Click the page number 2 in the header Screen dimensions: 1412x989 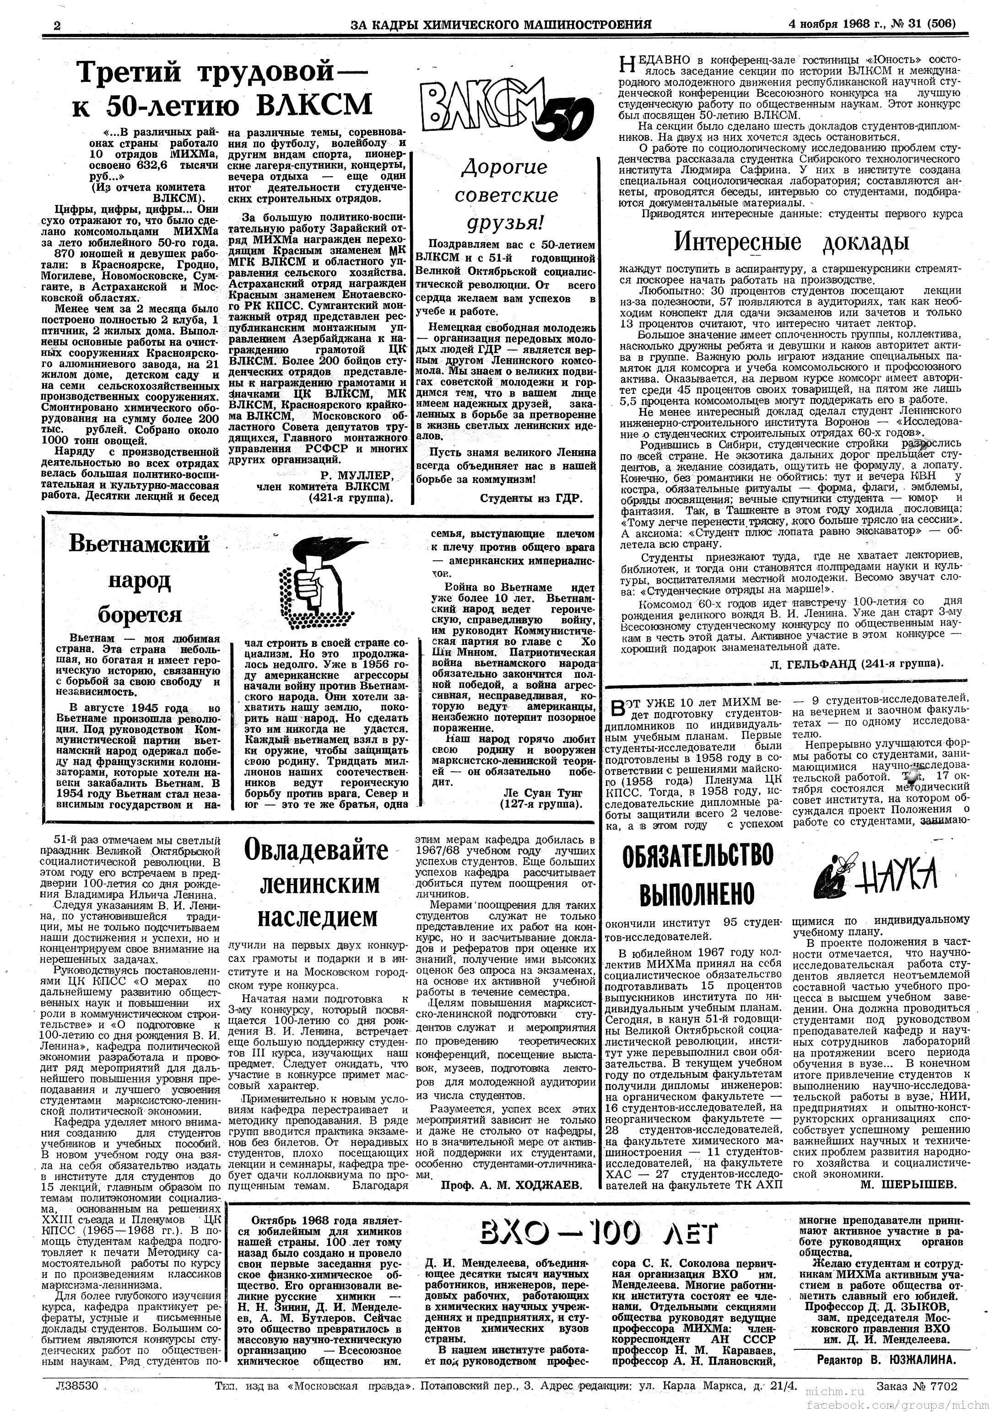click(x=57, y=25)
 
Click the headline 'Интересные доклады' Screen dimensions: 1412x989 click(x=791, y=242)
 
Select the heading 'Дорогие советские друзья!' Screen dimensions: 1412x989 click(x=504, y=194)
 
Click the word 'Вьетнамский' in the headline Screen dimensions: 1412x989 click(x=139, y=544)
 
